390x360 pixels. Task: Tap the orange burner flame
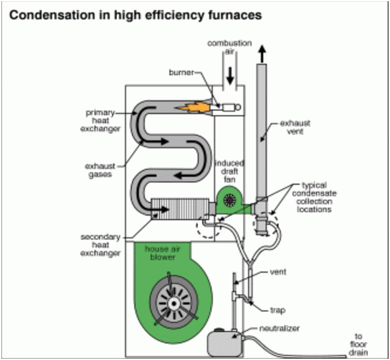[x=193, y=108]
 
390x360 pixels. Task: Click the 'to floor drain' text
[x=358, y=344]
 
